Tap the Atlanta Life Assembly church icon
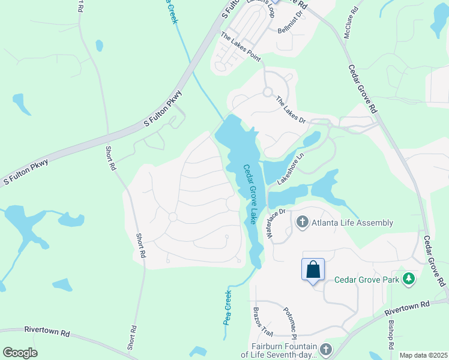(x=302, y=223)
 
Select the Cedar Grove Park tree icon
(x=409, y=279)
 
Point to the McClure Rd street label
(x=351, y=23)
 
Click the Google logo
(x=20, y=353)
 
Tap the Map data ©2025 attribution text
(x=423, y=355)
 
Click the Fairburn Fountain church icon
(x=325, y=349)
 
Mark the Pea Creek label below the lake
(x=228, y=308)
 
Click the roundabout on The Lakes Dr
(x=267, y=92)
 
